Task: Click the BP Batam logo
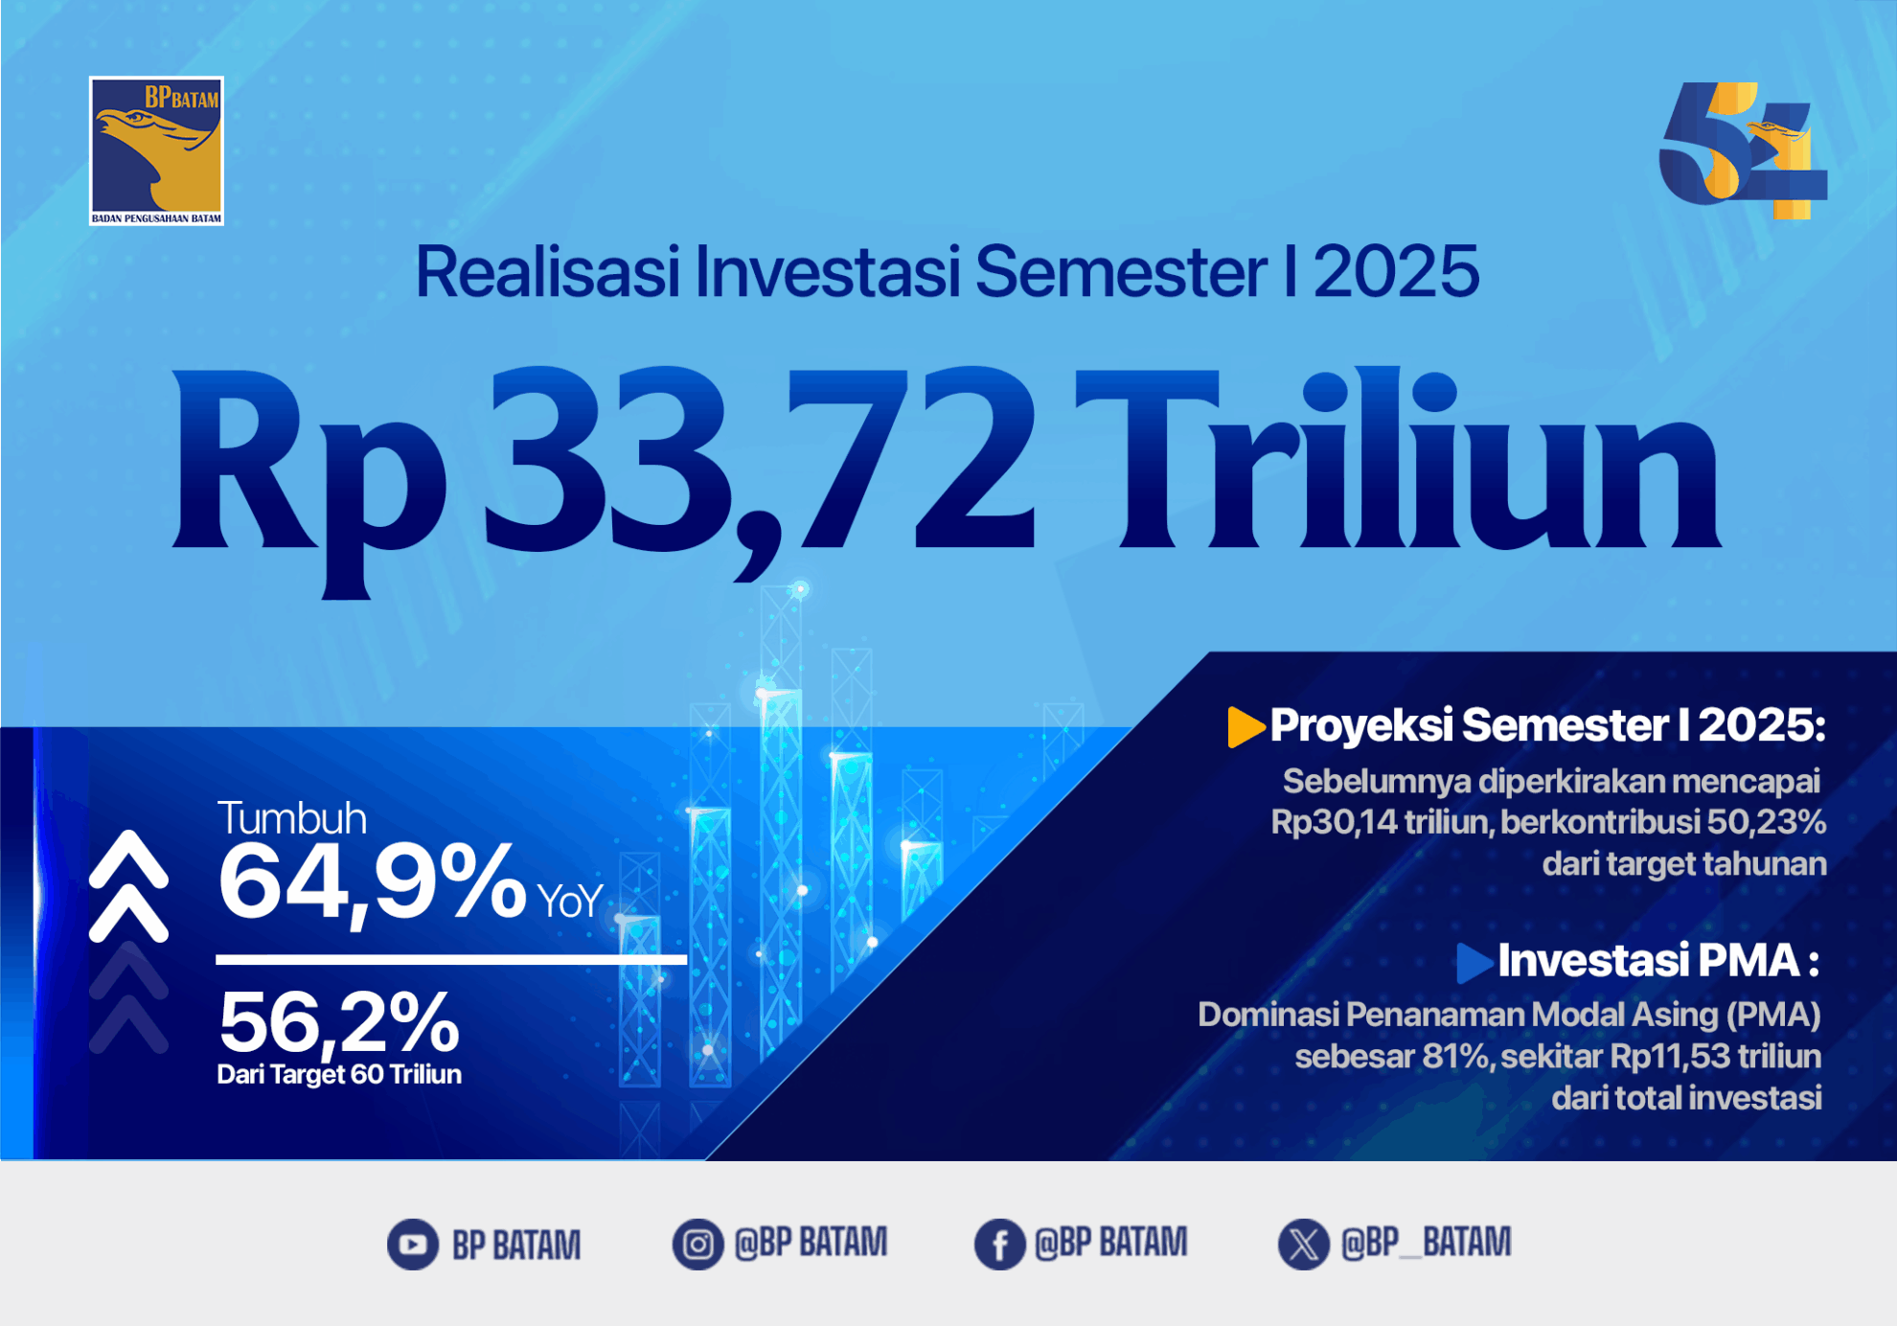(x=156, y=151)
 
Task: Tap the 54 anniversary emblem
(x=1743, y=151)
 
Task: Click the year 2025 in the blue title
(x=1396, y=272)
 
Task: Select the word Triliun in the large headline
(x=1398, y=459)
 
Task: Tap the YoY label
(x=570, y=902)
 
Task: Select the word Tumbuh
(x=292, y=818)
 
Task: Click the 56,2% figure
(x=339, y=1021)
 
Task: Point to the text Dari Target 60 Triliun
(x=339, y=1074)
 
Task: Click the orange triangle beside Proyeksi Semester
(x=1246, y=726)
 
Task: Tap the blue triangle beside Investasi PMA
(x=1474, y=963)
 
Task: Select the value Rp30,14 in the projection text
(x=1333, y=822)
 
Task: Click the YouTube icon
(x=413, y=1245)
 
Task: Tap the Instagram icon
(x=697, y=1245)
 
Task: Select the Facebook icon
(x=999, y=1245)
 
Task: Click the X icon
(x=1303, y=1245)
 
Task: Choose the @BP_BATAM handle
(x=1426, y=1243)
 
